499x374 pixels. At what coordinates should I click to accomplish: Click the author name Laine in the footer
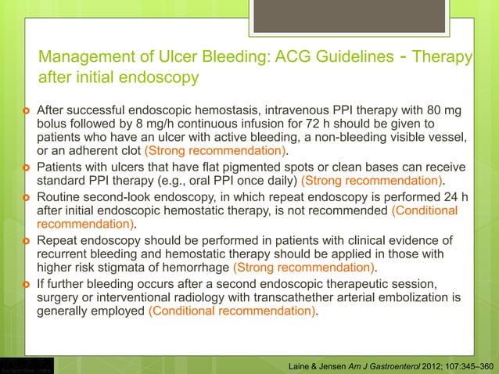[x=302, y=365]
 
